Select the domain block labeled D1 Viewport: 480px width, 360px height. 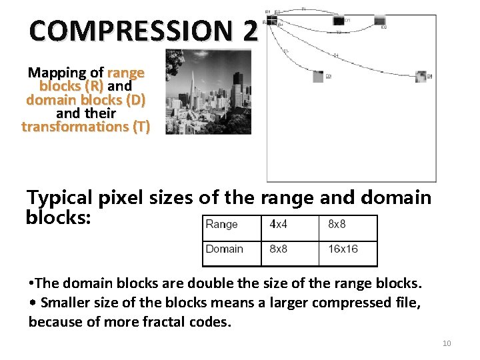(338, 21)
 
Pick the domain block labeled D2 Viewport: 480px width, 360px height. (379, 21)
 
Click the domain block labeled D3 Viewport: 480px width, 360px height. (319, 76)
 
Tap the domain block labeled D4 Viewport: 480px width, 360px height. (421, 76)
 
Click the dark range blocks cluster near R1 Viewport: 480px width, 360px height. (271, 19)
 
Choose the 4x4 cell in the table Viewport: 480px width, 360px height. (279, 225)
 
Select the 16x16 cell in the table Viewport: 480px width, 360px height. (343, 249)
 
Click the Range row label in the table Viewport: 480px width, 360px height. (222, 225)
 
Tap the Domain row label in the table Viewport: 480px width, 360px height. (224, 249)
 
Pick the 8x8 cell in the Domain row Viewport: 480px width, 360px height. (279, 249)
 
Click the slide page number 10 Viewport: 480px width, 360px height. (447, 343)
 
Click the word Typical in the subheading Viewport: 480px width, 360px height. (59, 198)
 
